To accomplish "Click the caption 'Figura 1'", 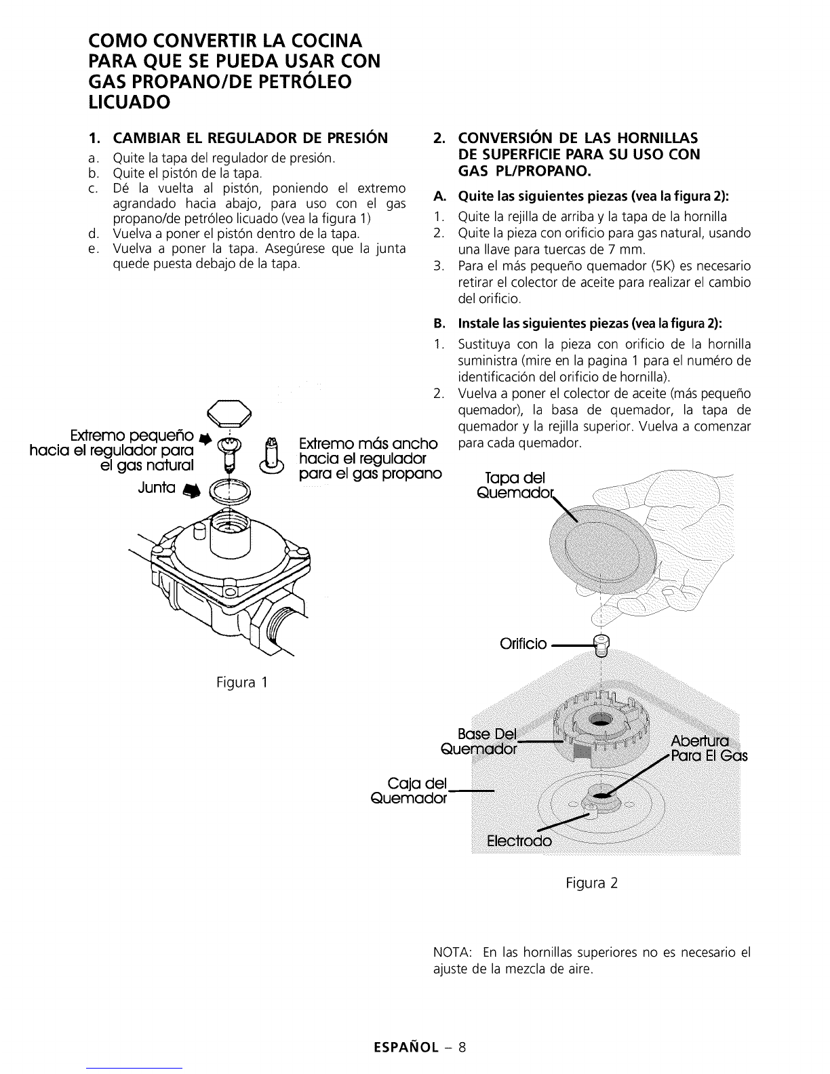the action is (241, 683).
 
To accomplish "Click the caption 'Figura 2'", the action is (592, 883).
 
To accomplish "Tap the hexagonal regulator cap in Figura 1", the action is (229, 414).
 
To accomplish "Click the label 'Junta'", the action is (157, 488).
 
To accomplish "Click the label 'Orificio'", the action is (523, 643).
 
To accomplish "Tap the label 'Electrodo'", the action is (519, 841).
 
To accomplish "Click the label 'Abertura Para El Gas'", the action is (709, 748).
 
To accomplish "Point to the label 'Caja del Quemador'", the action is (409, 791).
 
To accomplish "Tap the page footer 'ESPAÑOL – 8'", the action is (420, 1048).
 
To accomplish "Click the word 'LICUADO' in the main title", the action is (130, 102).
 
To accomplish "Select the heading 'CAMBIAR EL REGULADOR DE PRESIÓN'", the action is (251, 138).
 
